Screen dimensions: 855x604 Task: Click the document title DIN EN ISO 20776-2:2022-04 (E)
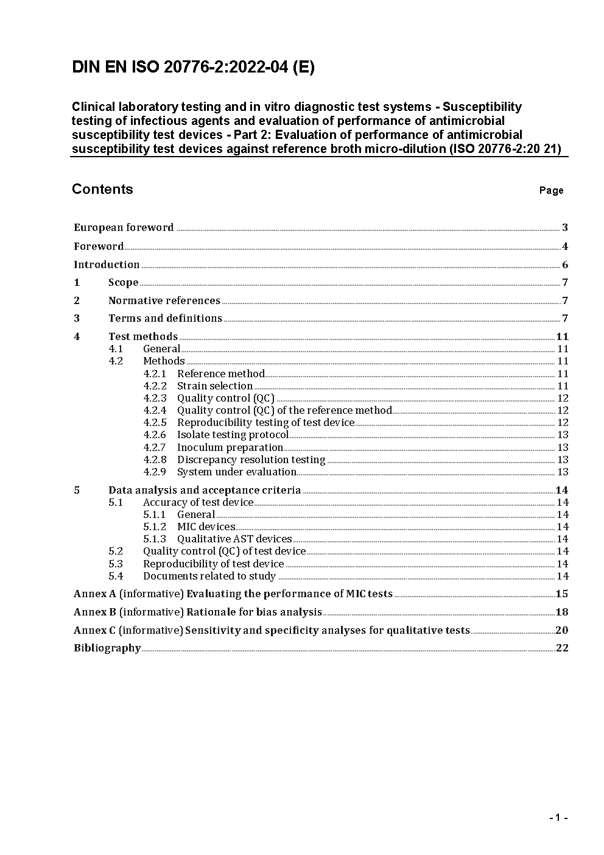193,68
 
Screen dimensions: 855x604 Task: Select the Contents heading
102,189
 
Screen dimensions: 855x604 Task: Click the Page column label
551,191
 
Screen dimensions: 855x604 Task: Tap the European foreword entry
124,228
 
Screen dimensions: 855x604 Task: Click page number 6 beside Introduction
565,264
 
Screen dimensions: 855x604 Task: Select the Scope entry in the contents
123,282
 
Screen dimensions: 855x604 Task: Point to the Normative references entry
164,300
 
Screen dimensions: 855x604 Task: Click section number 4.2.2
155,386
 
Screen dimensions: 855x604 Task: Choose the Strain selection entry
214,386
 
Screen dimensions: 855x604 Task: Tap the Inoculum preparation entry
230,447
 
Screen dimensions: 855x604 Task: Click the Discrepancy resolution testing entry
251,459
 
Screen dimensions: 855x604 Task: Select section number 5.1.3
155,539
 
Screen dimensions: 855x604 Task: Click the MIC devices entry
206,527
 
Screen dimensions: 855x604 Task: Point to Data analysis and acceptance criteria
204,490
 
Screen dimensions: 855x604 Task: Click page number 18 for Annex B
561,612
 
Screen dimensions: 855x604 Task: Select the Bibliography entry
107,648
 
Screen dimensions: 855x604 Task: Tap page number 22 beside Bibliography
562,648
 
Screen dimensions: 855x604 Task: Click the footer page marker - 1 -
558,817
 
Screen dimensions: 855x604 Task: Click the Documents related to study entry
209,576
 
